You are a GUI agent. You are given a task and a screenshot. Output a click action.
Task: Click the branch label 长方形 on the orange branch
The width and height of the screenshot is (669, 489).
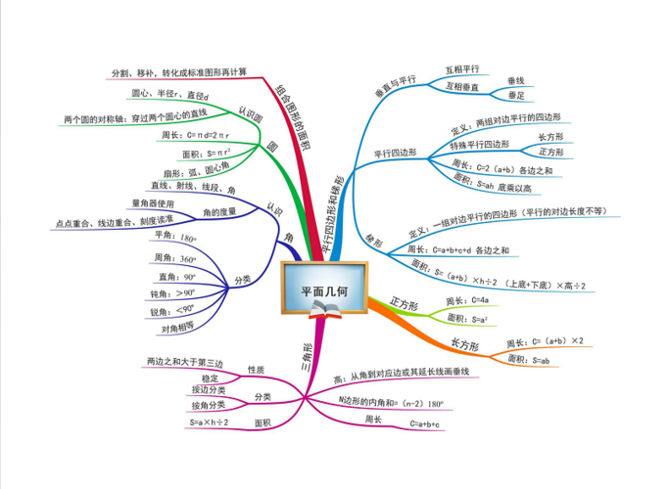pos(463,346)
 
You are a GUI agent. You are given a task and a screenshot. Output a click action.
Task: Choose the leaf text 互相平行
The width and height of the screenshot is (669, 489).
pos(462,69)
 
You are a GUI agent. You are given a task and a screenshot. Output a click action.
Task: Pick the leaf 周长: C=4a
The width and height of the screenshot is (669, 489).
pos(467,299)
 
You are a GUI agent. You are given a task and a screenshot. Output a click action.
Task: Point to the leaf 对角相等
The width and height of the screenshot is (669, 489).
pos(178,328)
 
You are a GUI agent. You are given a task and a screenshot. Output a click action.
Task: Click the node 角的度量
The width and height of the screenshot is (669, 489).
pos(219,211)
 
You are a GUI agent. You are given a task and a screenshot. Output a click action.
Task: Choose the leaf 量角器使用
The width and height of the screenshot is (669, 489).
pos(152,203)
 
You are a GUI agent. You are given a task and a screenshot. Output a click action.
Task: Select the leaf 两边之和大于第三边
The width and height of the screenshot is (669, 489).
pos(179,362)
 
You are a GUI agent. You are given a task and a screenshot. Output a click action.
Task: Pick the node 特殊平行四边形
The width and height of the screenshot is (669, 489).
pos(479,145)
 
